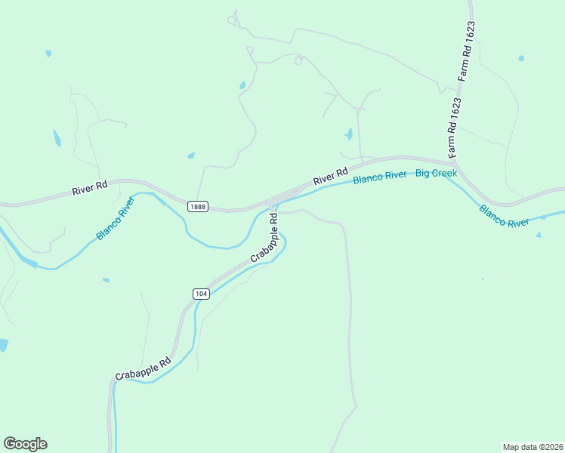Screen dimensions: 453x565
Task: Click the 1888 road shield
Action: tap(198, 207)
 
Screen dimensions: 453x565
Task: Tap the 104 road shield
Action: tap(200, 294)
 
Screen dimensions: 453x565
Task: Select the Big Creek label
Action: tap(432, 173)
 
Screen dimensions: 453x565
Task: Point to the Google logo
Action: tap(25, 444)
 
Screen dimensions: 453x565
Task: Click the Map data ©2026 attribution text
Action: tap(532, 447)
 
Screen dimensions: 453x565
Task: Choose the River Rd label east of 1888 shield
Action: tap(330, 177)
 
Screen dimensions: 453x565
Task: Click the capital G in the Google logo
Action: tap(10, 444)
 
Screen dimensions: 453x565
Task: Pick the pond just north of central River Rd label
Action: tap(348, 135)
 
